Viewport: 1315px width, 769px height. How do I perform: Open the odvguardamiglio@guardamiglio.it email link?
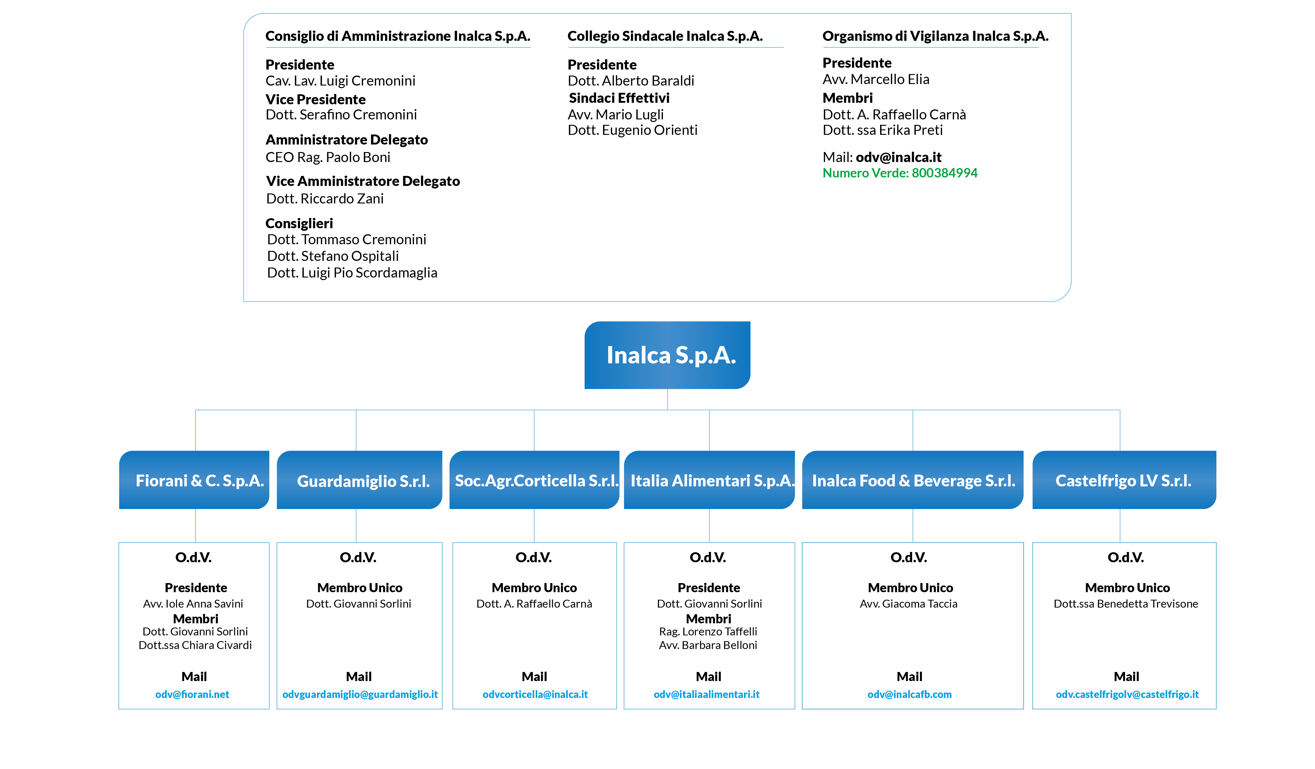pos(360,694)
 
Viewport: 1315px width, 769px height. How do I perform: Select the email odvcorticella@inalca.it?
pos(535,694)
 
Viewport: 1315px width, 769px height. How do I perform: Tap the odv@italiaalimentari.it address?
pos(706,694)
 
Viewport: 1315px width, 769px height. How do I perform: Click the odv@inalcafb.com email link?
pos(909,694)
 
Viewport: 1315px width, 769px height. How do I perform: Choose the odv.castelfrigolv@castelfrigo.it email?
pos(1127,694)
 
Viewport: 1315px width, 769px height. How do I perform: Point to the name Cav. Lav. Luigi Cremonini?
pos(340,81)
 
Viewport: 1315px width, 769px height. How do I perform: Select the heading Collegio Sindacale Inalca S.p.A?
pos(665,36)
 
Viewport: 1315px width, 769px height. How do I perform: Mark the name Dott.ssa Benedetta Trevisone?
pos(1126,604)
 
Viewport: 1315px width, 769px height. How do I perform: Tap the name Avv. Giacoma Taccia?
pos(909,604)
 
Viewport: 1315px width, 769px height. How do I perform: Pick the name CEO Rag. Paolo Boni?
pos(328,157)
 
